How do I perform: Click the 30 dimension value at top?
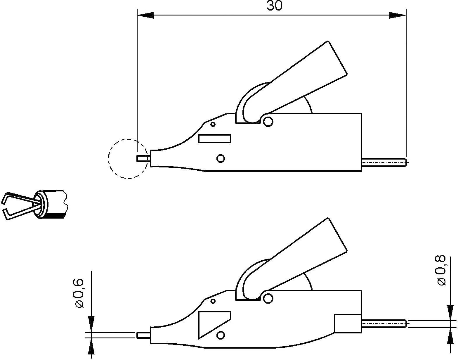(x=275, y=6)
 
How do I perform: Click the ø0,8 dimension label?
(x=441, y=270)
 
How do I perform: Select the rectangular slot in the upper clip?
(x=215, y=139)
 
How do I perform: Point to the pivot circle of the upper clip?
(x=268, y=121)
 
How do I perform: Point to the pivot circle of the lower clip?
(x=268, y=298)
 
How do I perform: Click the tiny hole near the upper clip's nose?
(x=213, y=124)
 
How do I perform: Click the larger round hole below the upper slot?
(x=221, y=159)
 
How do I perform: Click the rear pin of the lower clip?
(x=384, y=323)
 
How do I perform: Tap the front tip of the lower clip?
(x=143, y=335)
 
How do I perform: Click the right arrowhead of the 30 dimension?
(x=398, y=15)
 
